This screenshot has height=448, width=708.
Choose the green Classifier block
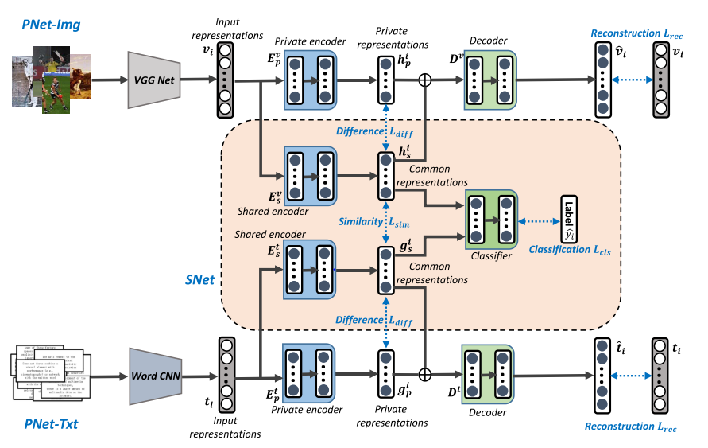(491, 220)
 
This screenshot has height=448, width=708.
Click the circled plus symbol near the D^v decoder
(426, 80)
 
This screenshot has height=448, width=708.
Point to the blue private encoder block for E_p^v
(311, 80)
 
